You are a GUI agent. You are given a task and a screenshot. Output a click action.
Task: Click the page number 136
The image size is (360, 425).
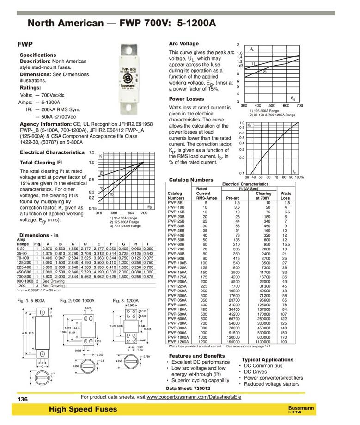tap(23, 399)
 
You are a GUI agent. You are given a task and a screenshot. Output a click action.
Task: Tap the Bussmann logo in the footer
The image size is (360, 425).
tap(300, 409)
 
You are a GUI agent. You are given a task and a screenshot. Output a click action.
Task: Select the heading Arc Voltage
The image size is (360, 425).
tap(183, 43)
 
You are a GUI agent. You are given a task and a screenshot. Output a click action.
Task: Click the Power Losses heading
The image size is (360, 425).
tap(186, 99)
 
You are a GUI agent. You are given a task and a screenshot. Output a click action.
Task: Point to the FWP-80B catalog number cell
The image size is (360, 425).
tap(176, 253)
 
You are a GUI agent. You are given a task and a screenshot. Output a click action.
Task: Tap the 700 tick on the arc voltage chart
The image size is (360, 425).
tap(299, 106)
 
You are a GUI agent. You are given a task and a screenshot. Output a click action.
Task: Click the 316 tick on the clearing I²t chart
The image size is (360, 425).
tap(98, 213)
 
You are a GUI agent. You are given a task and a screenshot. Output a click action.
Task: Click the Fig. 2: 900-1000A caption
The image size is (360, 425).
tap(78, 301)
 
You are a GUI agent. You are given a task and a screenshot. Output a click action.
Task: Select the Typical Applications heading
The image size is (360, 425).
tap(267, 359)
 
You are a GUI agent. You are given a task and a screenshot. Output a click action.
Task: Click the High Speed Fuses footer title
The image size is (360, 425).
tap(83, 409)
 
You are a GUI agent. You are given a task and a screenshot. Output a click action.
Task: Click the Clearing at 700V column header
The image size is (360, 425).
tap(263, 196)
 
